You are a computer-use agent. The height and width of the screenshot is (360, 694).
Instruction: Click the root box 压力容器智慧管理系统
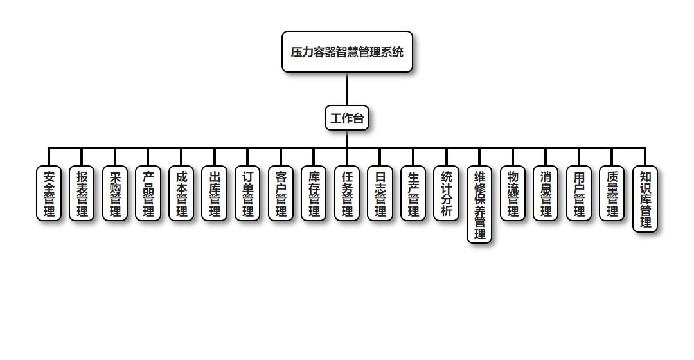click(x=347, y=52)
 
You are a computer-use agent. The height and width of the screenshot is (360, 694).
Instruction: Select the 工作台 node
click(x=347, y=118)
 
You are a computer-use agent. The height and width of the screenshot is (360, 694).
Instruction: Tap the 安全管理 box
click(x=49, y=194)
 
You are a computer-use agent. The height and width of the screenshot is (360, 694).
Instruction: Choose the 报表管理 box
click(x=82, y=194)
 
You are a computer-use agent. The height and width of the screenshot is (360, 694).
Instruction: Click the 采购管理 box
click(x=115, y=194)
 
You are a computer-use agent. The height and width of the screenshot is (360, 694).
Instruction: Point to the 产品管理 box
click(x=148, y=194)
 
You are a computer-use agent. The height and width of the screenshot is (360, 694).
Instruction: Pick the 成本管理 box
click(x=181, y=194)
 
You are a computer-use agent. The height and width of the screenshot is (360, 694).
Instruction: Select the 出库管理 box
click(x=215, y=194)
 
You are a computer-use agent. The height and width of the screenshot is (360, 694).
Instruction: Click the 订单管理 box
click(x=247, y=194)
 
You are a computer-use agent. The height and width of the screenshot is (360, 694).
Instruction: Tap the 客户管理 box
click(x=281, y=194)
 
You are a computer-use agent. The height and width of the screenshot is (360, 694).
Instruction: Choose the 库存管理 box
click(x=314, y=194)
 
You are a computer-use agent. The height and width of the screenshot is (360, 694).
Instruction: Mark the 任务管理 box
click(x=347, y=194)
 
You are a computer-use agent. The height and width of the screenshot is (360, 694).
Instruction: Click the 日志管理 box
click(x=380, y=194)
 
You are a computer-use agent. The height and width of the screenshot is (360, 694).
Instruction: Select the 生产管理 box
click(x=413, y=194)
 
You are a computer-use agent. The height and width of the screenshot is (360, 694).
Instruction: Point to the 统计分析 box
click(x=447, y=194)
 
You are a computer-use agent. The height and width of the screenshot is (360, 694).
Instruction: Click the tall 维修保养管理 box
click(x=479, y=204)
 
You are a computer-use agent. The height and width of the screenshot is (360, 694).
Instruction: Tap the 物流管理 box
click(x=513, y=194)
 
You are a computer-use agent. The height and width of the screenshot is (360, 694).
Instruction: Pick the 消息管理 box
click(x=546, y=194)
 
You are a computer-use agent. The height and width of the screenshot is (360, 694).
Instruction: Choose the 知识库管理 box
click(x=645, y=199)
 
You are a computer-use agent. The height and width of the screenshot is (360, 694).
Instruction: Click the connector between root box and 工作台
click(x=347, y=89)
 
